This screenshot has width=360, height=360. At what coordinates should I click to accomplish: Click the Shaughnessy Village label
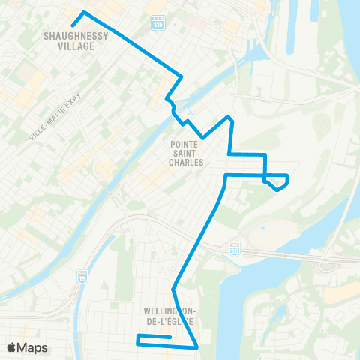coord(76,40)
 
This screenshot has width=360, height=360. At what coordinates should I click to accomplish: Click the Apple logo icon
coord(12,347)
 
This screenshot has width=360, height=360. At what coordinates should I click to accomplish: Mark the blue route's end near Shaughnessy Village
coord(72,28)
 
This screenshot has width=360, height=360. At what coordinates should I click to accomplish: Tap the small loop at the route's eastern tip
coord(278,182)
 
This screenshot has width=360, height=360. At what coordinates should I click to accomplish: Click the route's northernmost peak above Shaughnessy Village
coord(83,13)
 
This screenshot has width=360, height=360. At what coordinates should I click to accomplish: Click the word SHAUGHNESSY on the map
coord(76,35)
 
